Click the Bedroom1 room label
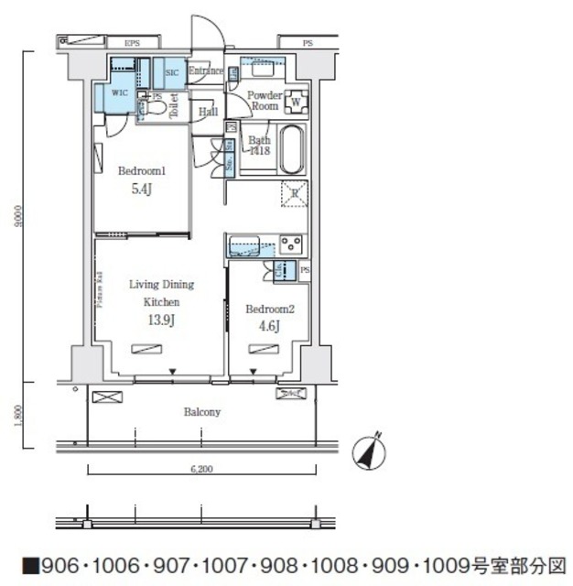(140, 171)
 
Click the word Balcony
(201, 412)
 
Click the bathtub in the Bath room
(290, 149)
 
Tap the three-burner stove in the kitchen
(291, 244)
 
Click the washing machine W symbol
(297, 101)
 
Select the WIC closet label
(119, 93)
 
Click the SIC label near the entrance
(171, 72)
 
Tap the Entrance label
(206, 71)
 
